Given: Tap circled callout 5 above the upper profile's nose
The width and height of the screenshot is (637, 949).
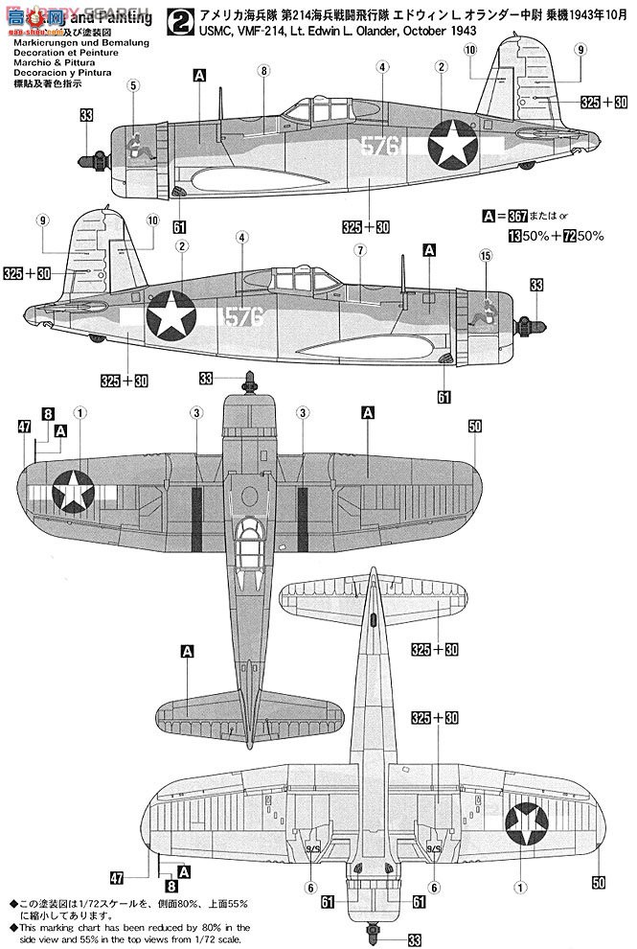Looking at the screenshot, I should click(133, 85).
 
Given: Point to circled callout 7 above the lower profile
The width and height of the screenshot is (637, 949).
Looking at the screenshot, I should click(358, 250).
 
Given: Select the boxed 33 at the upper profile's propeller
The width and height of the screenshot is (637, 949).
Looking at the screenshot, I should click(87, 117).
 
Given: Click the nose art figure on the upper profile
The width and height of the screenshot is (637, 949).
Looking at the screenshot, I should click(137, 147).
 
